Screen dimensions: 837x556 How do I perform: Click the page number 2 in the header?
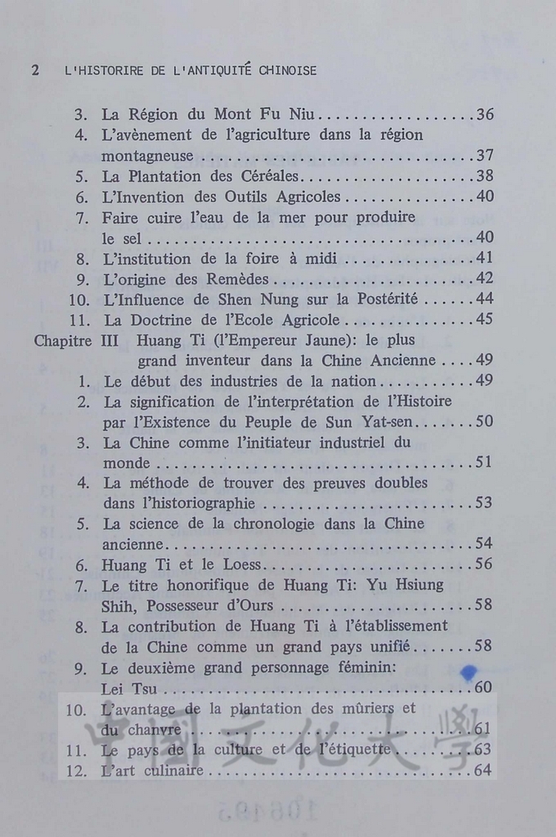pos(35,70)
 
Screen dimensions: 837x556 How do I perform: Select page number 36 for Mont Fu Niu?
pos(484,114)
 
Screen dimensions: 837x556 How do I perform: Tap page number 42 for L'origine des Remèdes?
pos(484,279)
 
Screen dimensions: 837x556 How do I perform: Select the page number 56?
pos(484,564)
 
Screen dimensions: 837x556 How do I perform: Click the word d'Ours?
pos(245,606)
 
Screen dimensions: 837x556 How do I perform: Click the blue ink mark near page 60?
pos(467,673)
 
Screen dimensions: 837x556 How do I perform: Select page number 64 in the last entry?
pos(484,770)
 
